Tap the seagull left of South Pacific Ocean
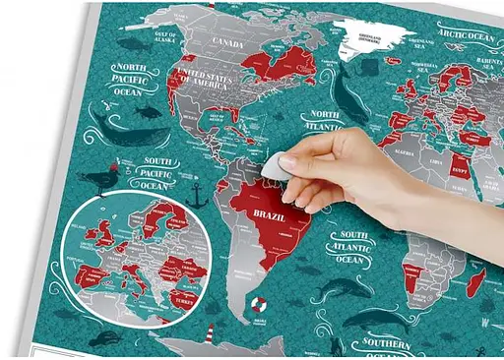point(96,182)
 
